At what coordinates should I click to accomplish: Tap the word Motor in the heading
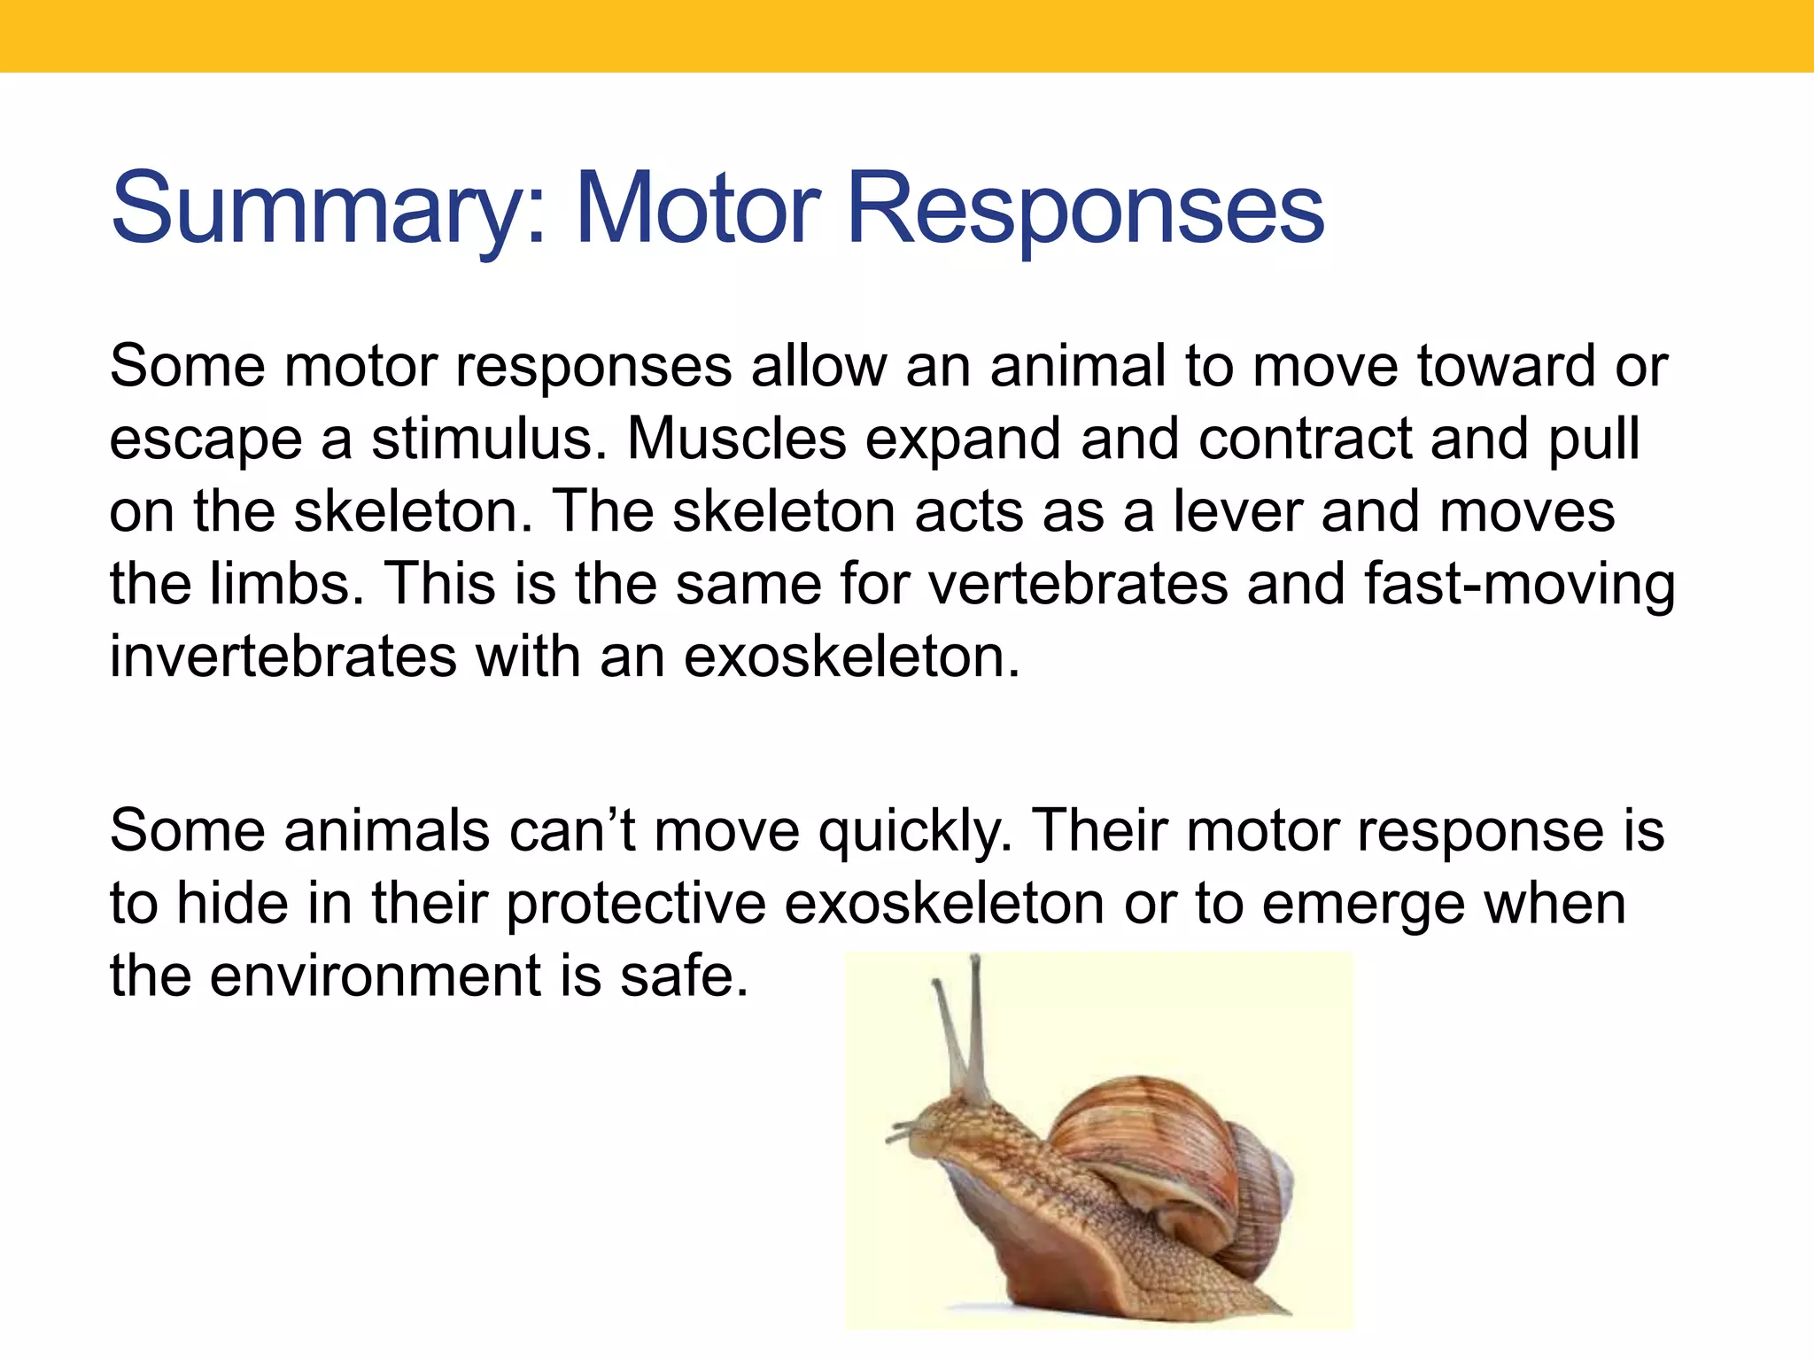click(x=698, y=210)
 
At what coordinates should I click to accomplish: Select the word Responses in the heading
click(x=1085, y=210)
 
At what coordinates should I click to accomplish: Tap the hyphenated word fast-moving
click(x=1519, y=585)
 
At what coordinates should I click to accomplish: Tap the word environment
click(x=375, y=976)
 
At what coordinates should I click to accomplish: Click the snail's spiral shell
click(x=1169, y=1152)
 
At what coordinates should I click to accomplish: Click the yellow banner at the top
click(x=907, y=35)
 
